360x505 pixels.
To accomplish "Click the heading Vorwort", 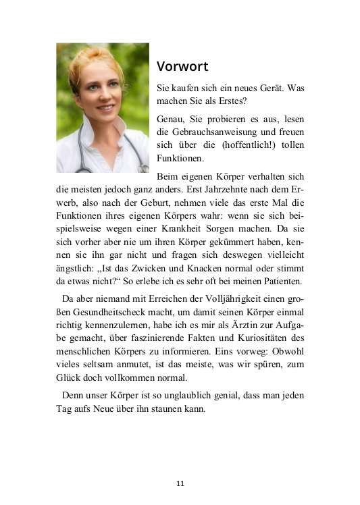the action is (182, 67).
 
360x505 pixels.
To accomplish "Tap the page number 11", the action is (180, 483).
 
